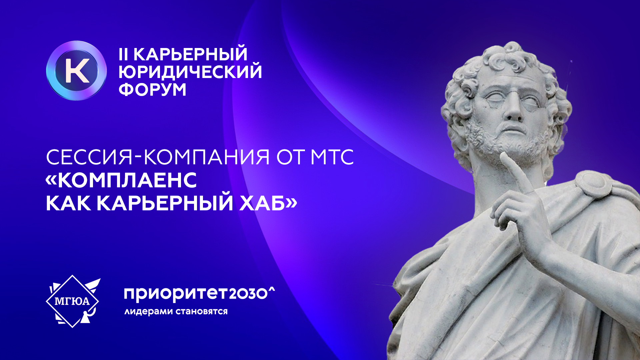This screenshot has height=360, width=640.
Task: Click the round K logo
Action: pyautogui.click(x=76, y=71)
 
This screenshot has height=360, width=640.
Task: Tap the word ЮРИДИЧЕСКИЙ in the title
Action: pyautogui.click(x=190, y=72)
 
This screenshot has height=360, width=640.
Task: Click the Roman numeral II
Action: pyautogui.click(x=123, y=54)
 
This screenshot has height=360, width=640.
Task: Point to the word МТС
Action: pyautogui.click(x=332, y=157)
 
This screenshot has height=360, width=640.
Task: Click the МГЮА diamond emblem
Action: pyautogui.click(x=73, y=301)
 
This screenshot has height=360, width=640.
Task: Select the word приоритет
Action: pyautogui.click(x=175, y=294)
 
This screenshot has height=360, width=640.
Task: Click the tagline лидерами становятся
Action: pyautogui.click(x=176, y=312)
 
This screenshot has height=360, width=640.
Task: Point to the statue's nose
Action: pyautogui.click(x=514, y=110)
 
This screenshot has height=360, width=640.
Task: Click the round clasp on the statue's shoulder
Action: pyautogui.click(x=594, y=183)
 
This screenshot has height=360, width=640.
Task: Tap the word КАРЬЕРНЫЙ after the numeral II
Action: pyautogui.click(x=190, y=54)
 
